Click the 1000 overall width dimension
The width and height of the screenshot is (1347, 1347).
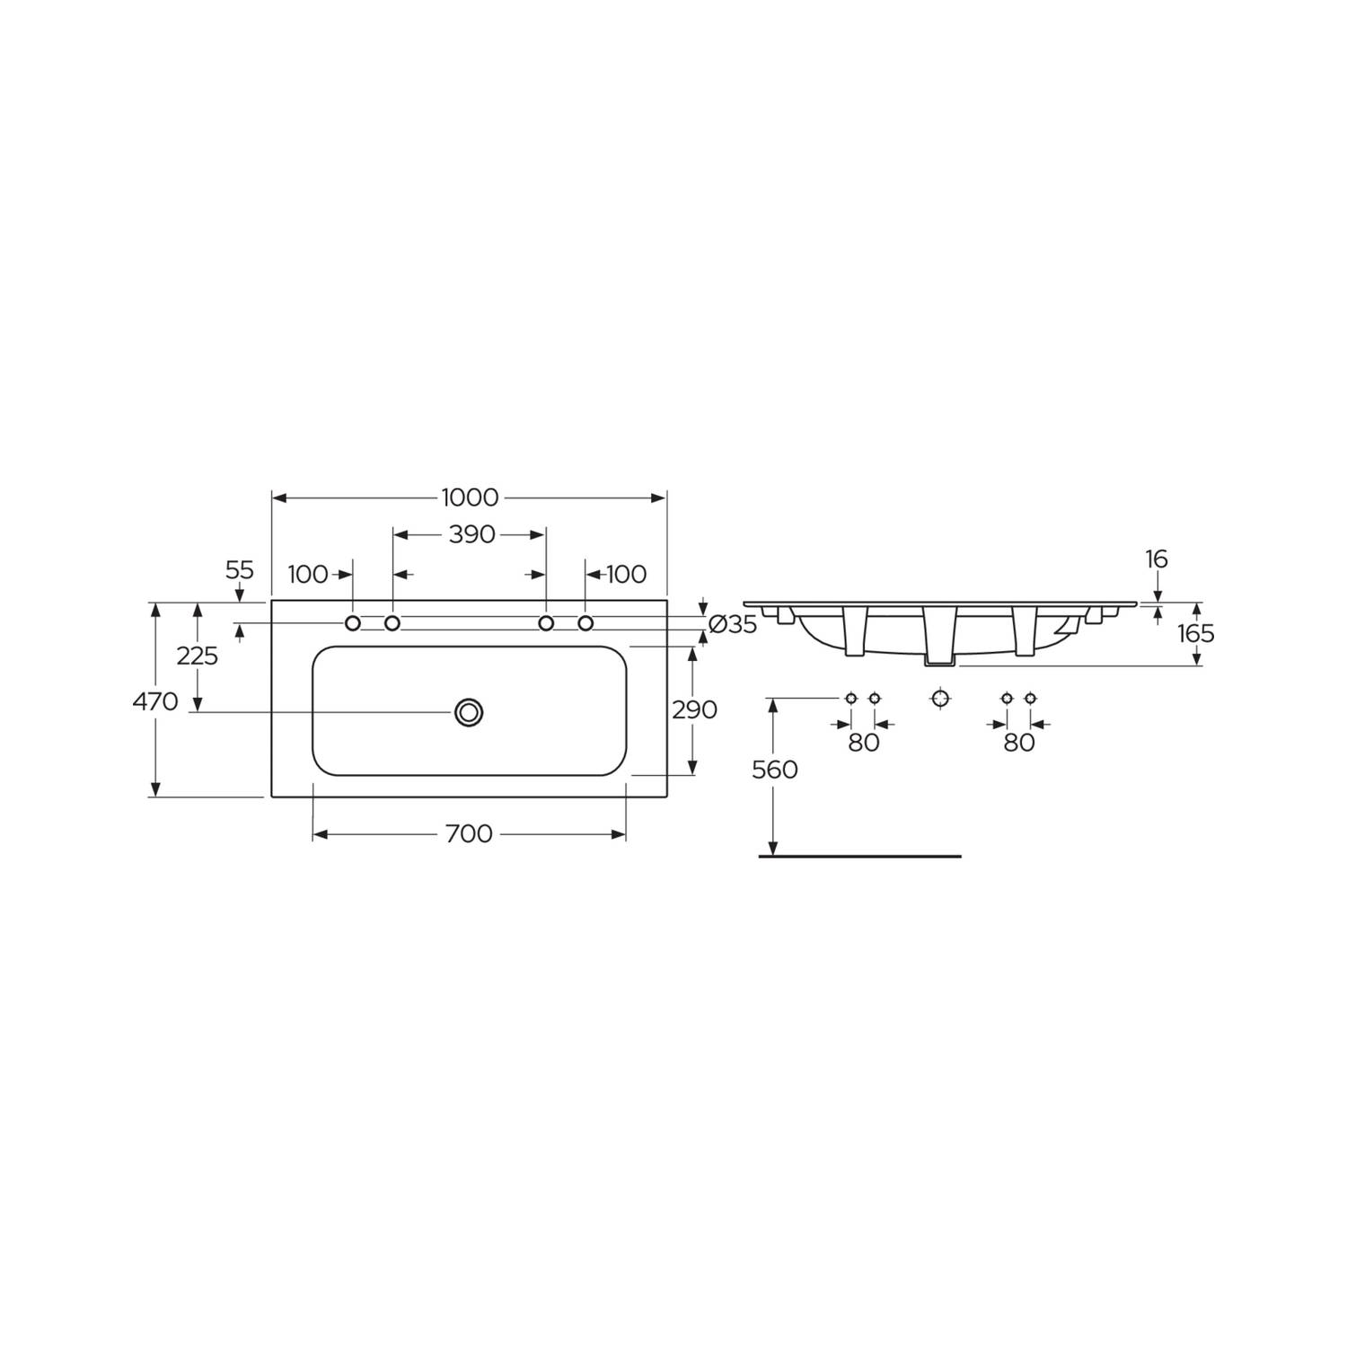tap(470, 497)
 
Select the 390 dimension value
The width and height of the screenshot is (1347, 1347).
tap(471, 534)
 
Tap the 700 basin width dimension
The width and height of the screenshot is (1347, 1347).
tap(469, 834)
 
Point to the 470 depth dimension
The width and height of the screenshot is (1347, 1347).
tap(155, 700)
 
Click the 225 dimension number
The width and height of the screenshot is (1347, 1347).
tap(198, 656)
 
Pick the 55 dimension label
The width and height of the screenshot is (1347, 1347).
tap(240, 570)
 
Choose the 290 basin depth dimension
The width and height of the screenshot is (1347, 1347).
tap(695, 709)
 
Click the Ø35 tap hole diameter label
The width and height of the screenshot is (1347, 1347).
tap(733, 624)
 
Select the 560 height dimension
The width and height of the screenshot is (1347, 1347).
tap(775, 770)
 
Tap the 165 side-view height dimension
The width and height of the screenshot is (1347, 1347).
tap(1196, 633)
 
